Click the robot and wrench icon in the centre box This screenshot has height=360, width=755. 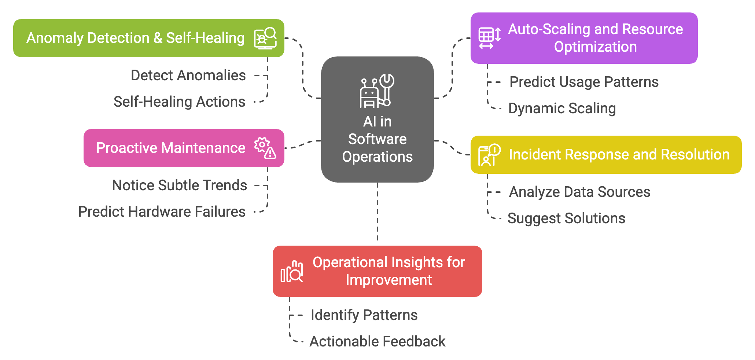click(377, 91)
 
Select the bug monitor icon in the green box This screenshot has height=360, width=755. click(265, 38)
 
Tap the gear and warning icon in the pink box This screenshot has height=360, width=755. click(265, 148)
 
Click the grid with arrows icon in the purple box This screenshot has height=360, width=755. click(490, 38)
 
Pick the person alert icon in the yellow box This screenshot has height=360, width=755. click(489, 155)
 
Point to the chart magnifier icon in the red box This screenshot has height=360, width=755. click(292, 272)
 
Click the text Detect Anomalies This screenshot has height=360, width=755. click(188, 76)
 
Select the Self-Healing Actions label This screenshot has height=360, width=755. click(179, 102)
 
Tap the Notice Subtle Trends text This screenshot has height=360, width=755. click(179, 185)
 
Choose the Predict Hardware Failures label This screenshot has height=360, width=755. click(162, 212)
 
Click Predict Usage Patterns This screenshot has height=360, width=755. click(584, 82)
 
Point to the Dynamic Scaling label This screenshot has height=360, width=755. click(562, 109)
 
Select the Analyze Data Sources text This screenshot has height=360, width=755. click(579, 192)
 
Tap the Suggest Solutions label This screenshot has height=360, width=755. click(566, 218)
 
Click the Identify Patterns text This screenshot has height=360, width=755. click(364, 315)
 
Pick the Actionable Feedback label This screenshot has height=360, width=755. click(377, 342)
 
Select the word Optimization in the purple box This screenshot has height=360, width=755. click(595, 47)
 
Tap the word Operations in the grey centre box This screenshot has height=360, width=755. click(377, 157)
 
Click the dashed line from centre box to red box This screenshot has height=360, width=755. click(377, 213)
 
